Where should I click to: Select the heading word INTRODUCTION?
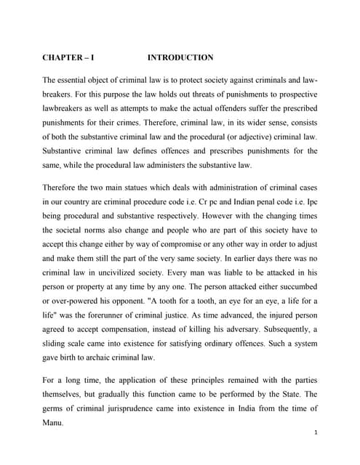point(180,57)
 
